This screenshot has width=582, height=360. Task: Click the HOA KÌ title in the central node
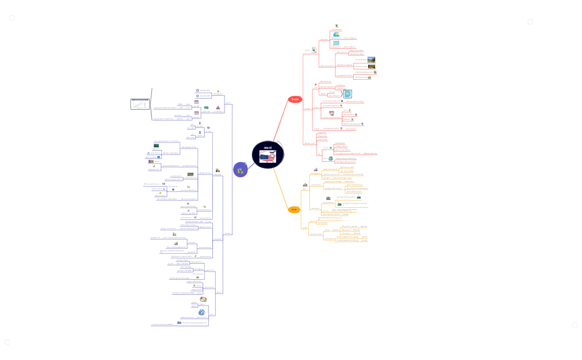(267, 148)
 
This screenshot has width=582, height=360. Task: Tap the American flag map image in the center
(268, 158)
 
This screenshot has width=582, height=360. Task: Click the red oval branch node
(294, 99)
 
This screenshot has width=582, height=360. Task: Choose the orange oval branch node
(294, 209)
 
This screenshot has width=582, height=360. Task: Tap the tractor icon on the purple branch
(217, 170)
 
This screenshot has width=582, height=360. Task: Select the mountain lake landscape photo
(371, 59)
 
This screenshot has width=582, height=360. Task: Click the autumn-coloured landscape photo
(372, 68)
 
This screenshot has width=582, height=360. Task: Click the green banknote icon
(206, 107)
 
